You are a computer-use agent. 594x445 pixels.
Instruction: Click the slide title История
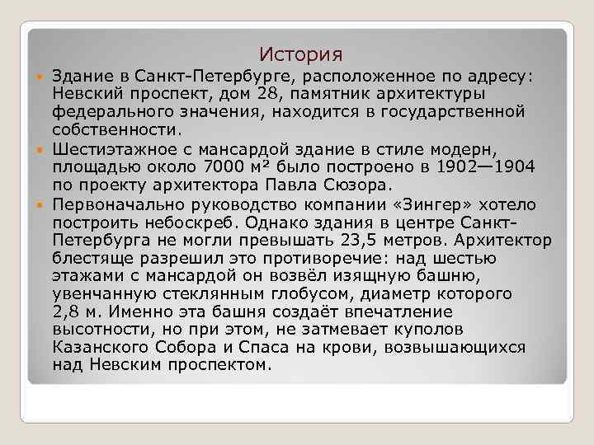coord(300,55)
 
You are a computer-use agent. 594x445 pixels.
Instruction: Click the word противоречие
coord(318,258)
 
